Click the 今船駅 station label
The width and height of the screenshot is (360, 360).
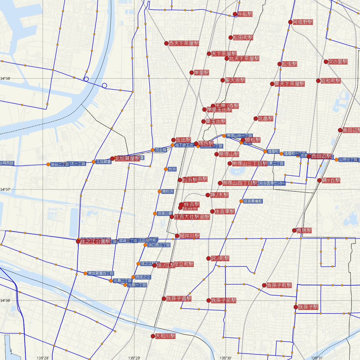click(245, 14)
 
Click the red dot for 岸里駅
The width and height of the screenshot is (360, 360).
click(192, 73)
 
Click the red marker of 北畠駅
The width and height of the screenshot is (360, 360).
click(256, 118)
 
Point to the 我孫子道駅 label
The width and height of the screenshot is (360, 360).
click(179, 299)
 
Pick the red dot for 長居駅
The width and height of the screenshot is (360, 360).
click(294, 230)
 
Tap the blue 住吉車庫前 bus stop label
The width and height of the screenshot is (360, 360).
click(253, 201)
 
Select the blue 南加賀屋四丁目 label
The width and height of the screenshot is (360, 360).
click(100, 273)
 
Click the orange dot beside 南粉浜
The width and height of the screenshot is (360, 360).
click(160, 191)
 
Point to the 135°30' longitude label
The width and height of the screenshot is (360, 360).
click(225, 358)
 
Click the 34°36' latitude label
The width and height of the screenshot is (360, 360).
click(5, 301)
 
